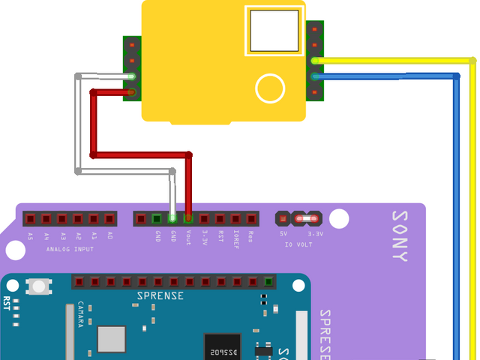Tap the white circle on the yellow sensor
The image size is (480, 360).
tap(270, 88)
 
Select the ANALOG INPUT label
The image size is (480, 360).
tap(70, 248)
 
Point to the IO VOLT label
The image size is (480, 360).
tap(299, 244)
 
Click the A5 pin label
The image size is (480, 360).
tap(30, 235)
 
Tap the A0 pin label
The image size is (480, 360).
tap(109, 235)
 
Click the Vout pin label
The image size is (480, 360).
tap(188, 237)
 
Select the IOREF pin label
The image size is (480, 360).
tap(235, 237)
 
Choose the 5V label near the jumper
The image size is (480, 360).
tap(283, 234)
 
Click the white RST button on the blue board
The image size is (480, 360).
tap(37, 286)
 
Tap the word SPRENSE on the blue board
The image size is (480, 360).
tap(160, 295)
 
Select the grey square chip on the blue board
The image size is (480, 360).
tap(112, 338)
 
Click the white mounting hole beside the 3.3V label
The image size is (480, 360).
tap(339, 219)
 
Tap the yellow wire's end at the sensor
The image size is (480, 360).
tap(316, 60)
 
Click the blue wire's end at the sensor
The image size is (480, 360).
tap(316, 76)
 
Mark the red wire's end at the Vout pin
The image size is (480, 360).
tap(188, 218)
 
